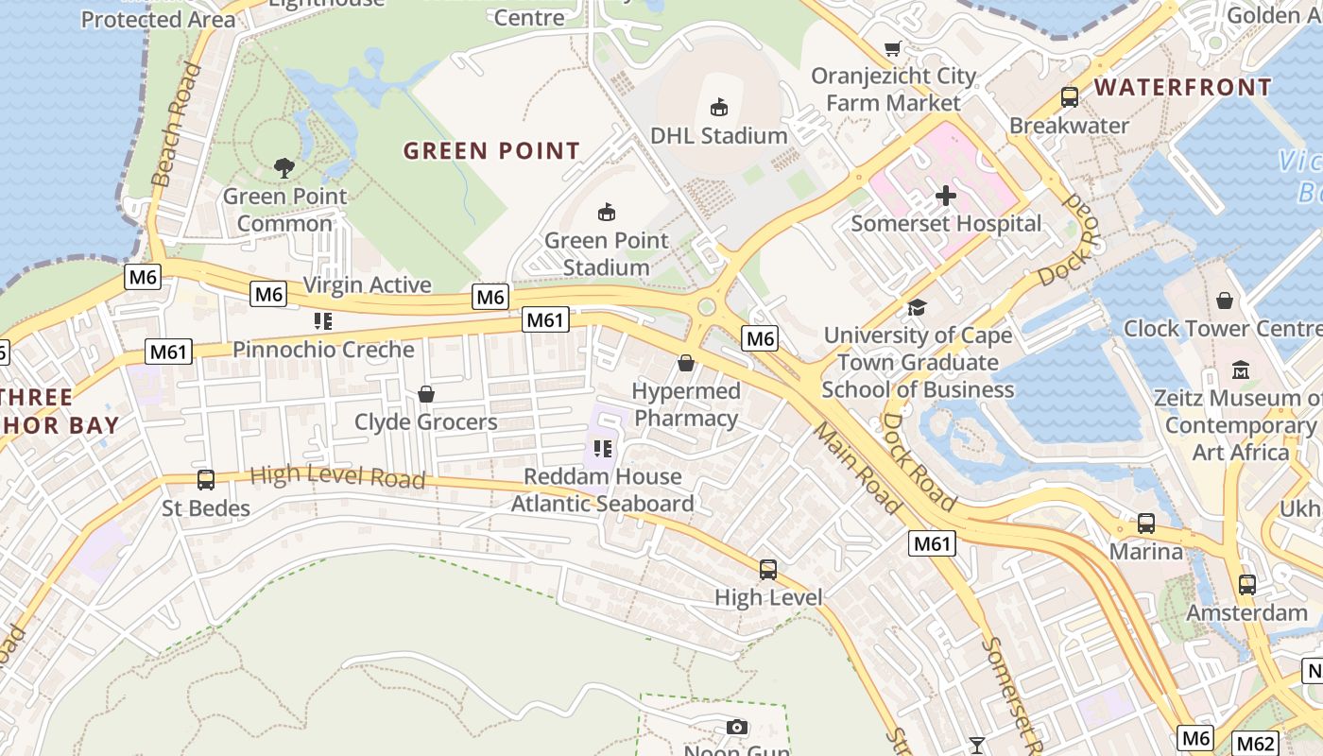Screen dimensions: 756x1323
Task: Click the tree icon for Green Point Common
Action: click(x=283, y=168)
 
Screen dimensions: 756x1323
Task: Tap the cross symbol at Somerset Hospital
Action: click(x=946, y=196)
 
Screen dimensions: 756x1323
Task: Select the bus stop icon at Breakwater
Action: click(x=1070, y=97)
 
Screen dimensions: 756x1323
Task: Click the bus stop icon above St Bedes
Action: click(x=206, y=480)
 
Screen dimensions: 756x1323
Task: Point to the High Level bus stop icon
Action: click(x=768, y=570)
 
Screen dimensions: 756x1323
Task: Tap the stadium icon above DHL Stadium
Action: click(x=719, y=107)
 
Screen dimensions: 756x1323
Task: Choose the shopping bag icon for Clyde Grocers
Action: click(x=426, y=394)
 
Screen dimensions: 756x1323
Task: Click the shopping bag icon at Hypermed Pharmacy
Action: click(x=686, y=363)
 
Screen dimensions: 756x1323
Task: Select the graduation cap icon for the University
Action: click(x=917, y=307)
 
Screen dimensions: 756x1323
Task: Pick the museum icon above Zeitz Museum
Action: click(x=1241, y=369)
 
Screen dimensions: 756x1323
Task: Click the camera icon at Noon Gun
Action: click(x=737, y=727)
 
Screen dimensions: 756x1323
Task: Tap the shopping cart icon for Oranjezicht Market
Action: click(x=892, y=48)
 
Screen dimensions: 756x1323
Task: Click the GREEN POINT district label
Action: click(x=491, y=151)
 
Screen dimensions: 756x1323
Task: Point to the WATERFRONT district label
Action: click(x=1183, y=88)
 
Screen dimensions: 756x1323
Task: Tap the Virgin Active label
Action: click(x=367, y=285)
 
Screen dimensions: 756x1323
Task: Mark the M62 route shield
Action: click(x=1256, y=744)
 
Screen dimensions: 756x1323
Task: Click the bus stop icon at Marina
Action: click(x=1146, y=524)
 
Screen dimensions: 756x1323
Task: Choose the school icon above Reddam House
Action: click(x=603, y=449)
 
